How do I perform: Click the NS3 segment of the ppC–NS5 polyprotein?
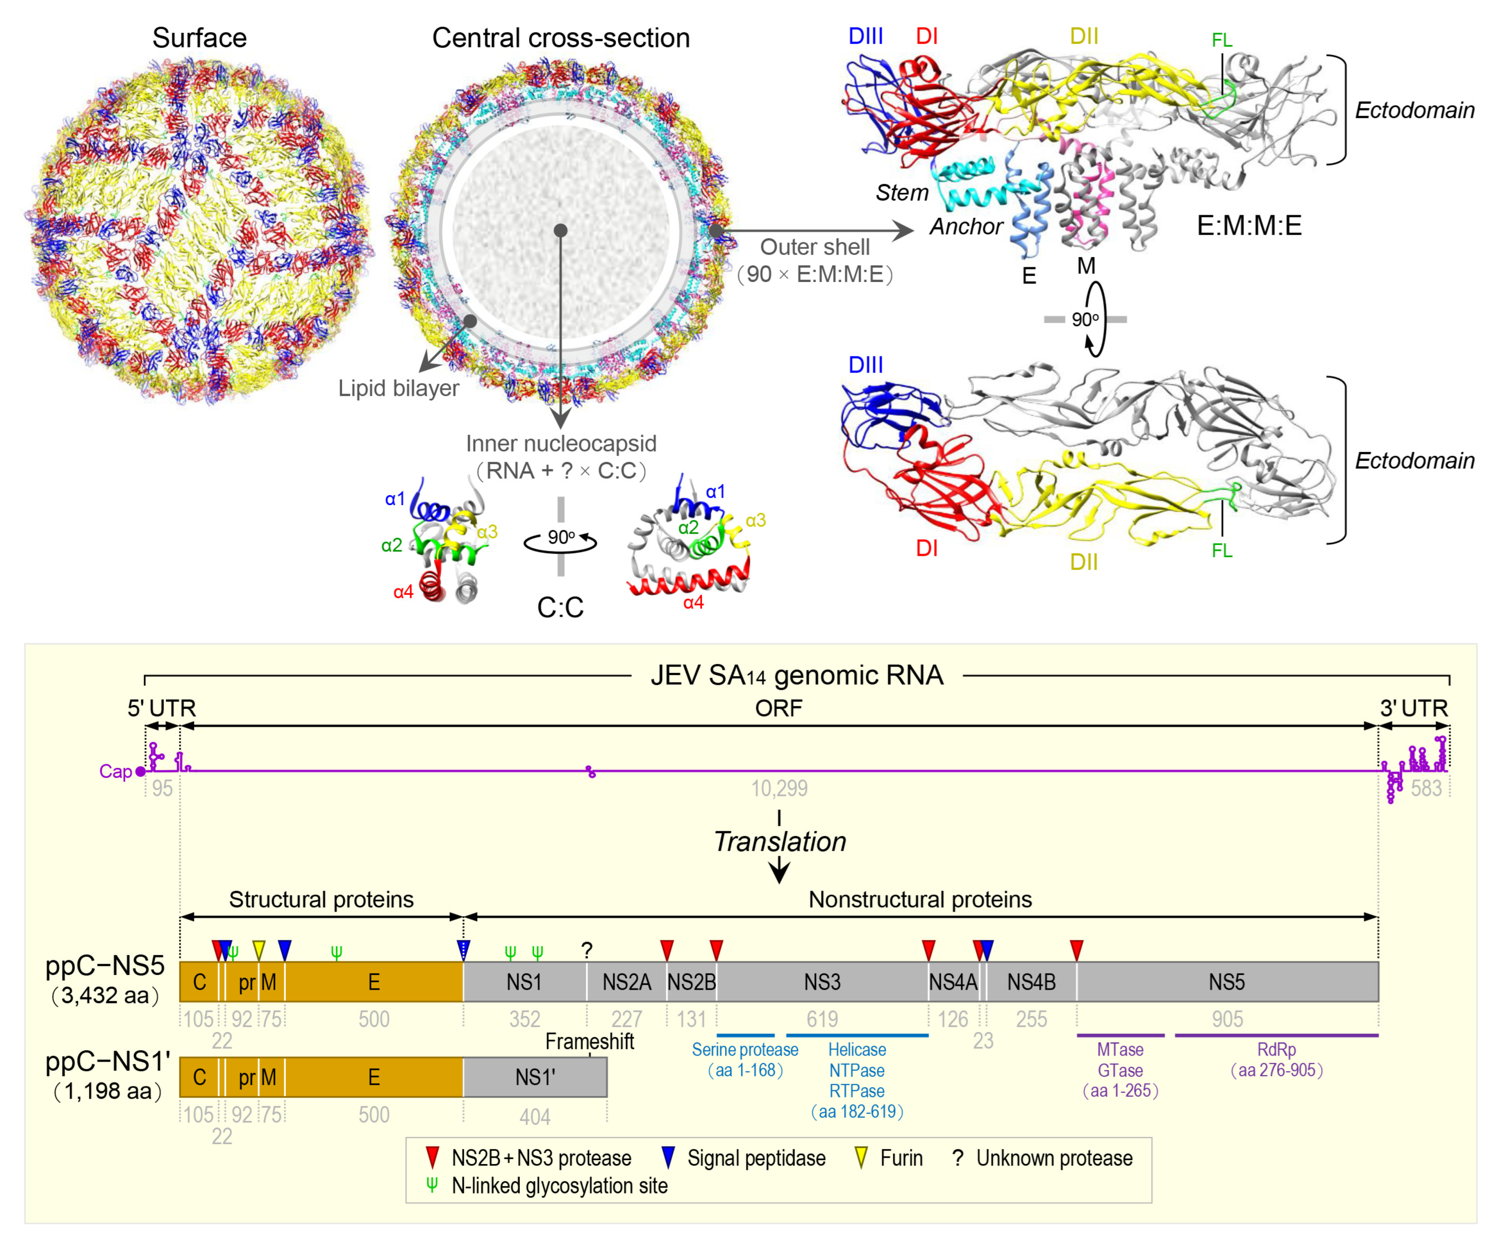click(822, 982)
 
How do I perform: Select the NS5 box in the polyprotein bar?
click(1227, 982)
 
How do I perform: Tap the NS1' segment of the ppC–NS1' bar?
click(535, 1077)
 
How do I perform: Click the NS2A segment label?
click(627, 982)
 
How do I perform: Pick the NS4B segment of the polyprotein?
click(1031, 982)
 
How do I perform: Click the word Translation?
click(780, 842)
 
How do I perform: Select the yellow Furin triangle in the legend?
click(862, 1158)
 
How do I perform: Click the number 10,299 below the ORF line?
click(779, 788)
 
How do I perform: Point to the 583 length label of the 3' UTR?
click(1426, 788)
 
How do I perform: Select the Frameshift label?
click(589, 1041)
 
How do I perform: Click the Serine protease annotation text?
click(745, 1050)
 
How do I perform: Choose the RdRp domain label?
click(1277, 1050)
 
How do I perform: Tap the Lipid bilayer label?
click(398, 388)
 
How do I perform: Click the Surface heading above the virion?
click(199, 38)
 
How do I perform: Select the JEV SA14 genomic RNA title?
click(797, 675)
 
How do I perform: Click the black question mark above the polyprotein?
click(587, 950)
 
